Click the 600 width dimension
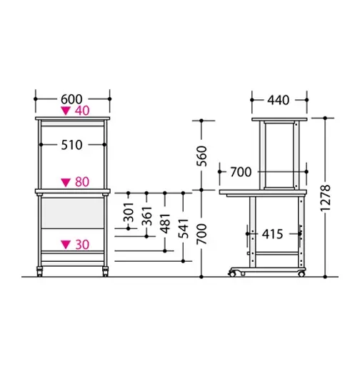coord(71,99)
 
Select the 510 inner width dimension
coord(71,145)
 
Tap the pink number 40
coord(82,111)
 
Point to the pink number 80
coord(82,182)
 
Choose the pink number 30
coord(82,245)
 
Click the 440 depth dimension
coord(279,100)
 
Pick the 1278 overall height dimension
coord(326,198)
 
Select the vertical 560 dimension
coord(201,156)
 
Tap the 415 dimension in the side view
coord(272,234)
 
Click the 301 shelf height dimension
coord(129,213)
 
